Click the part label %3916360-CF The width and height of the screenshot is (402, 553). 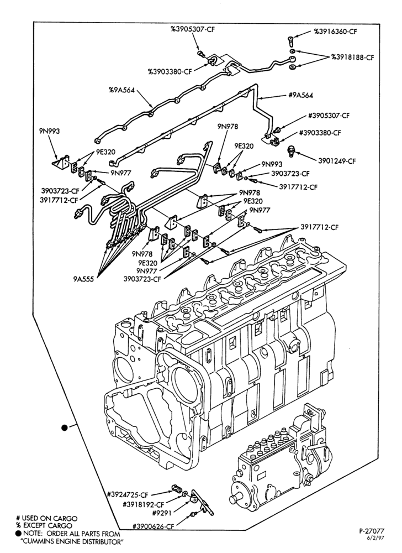point(335,32)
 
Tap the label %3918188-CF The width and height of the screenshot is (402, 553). point(352,57)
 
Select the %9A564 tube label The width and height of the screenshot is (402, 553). point(121,90)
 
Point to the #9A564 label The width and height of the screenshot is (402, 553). point(300,95)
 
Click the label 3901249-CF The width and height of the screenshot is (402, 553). point(337,161)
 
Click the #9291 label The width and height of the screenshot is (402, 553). point(162,513)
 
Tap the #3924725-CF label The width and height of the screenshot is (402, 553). point(129,494)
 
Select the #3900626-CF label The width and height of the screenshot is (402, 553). point(154,526)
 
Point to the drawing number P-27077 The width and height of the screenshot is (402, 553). point(372,530)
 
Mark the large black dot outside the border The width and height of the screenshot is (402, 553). point(64,428)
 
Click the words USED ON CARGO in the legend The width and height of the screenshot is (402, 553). point(50,519)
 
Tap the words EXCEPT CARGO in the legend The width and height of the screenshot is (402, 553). point(46,525)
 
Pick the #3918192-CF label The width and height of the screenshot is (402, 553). point(144,504)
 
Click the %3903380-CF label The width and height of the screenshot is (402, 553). point(170,71)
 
